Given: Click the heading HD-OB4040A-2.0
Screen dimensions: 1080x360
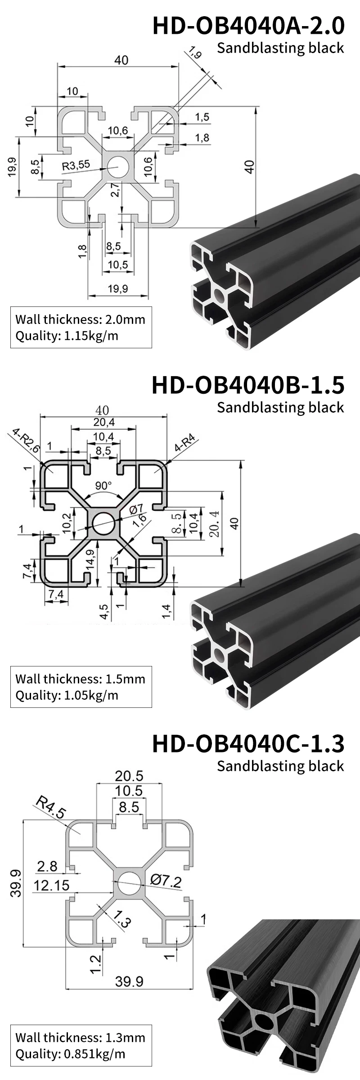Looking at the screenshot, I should [248, 26].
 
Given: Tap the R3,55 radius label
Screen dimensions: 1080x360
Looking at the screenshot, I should [76, 165].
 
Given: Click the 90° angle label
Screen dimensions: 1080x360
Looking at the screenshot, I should [103, 486].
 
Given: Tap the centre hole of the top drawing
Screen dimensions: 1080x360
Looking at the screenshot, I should [118, 166].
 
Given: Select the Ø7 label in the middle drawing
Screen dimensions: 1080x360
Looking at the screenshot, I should [136, 509].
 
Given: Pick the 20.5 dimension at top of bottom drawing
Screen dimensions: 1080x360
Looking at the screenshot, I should [129, 776].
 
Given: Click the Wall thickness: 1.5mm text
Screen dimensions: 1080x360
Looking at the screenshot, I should [80, 679].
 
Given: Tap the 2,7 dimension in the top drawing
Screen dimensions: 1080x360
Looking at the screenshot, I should [115, 190].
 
